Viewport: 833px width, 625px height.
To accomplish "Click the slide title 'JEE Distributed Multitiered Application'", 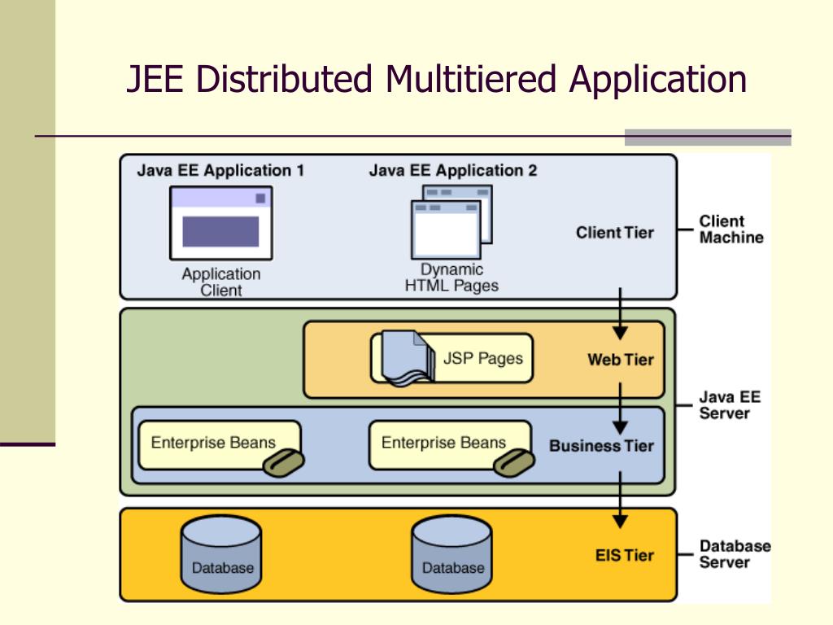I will tap(436, 81).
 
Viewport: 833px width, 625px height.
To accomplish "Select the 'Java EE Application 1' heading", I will tap(220, 171).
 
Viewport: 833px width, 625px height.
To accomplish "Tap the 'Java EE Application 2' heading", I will tap(453, 171).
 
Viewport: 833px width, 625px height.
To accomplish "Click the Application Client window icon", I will tap(220, 222).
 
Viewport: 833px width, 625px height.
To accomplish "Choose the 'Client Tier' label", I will tap(614, 233).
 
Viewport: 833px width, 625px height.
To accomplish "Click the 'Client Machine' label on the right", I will tap(731, 229).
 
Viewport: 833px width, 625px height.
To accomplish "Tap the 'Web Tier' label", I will tap(620, 360).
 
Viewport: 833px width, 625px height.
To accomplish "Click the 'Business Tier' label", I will tap(601, 446).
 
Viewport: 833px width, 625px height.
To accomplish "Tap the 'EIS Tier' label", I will tap(624, 556).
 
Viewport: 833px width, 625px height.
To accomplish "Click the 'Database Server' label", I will tap(735, 554).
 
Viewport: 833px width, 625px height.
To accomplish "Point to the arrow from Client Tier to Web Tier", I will tap(620, 313).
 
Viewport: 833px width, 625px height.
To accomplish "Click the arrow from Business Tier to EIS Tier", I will tap(620, 500).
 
